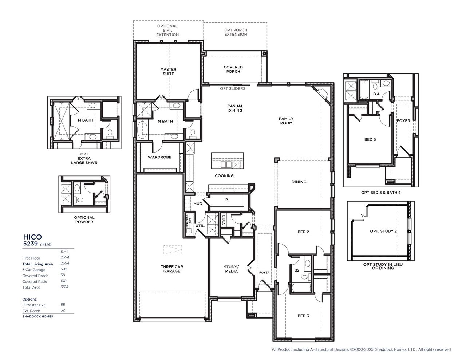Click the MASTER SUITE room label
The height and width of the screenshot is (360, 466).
click(168, 72)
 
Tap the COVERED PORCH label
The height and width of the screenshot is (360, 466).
click(233, 70)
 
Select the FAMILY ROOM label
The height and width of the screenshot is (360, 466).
click(286, 121)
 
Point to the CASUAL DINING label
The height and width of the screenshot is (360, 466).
click(235, 108)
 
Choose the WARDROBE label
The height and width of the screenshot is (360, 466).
click(159, 157)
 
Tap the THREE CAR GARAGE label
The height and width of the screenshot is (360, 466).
click(172, 269)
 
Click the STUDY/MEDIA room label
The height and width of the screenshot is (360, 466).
click(231, 269)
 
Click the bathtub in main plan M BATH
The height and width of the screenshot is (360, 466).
click(142, 129)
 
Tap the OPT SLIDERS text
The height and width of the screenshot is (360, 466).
click(233, 88)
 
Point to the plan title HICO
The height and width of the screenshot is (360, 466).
click(32, 236)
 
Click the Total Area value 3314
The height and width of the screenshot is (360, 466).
click(64, 287)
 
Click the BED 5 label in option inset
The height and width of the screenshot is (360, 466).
click(370, 139)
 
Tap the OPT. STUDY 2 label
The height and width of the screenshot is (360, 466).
click(383, 231)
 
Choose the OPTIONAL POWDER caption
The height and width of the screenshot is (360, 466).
click(84, 219)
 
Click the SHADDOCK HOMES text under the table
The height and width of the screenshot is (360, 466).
click(37, 317)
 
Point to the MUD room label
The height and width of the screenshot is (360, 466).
click(198, 204)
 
